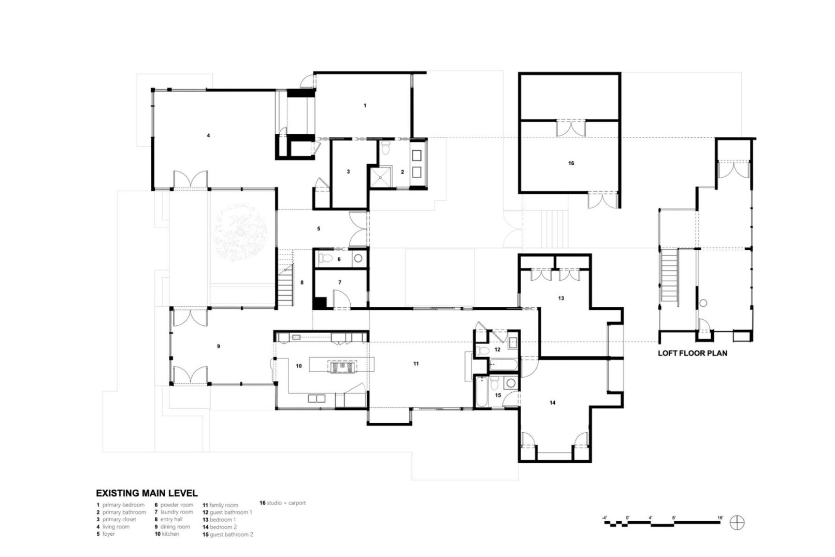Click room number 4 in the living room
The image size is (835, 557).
(208, 136)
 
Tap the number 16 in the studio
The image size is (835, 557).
(571, 163)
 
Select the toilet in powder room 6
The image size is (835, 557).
(326, 258)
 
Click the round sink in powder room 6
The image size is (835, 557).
(358, 258)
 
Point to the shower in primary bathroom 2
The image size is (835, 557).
(380, 178)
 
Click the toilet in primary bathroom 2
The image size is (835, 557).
(386, 148)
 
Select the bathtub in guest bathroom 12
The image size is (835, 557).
(503, 364)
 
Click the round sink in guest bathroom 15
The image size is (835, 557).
(511, 383)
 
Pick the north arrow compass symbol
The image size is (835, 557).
(737, 523)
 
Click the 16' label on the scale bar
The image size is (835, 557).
(720, 518)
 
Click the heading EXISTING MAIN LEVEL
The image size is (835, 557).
(147, 493)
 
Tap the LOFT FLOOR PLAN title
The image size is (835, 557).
(693, 353)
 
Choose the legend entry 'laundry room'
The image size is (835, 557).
(174, 512)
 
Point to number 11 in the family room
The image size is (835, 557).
(416, 364)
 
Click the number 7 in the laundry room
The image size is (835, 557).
(340, 282)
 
